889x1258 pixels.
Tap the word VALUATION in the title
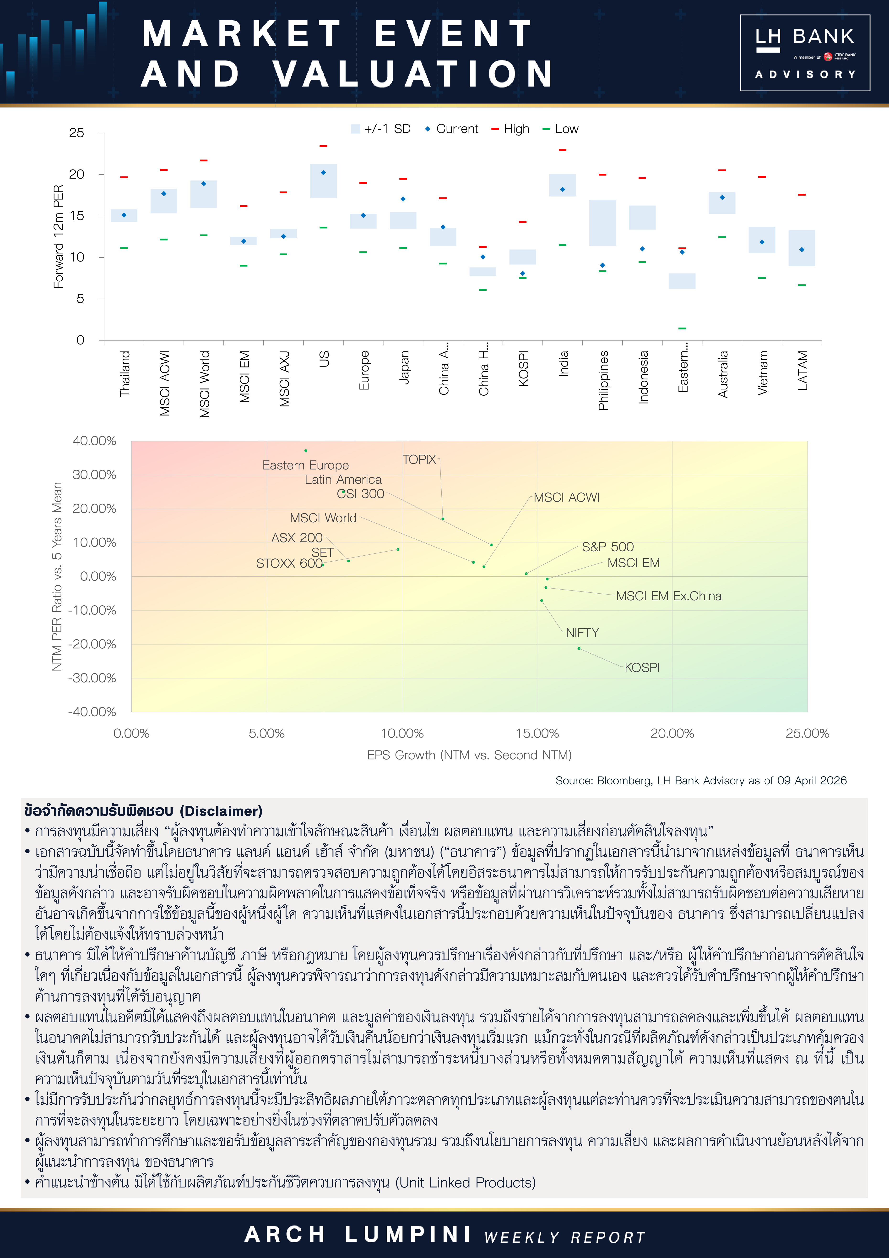pos(413,74)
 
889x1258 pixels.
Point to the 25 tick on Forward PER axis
pos(77,133)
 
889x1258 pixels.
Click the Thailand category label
pos(125,374)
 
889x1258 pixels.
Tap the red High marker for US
pos(323,146)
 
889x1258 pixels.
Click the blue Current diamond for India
pos(563,190)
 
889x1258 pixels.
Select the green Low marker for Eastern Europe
pos(682,328)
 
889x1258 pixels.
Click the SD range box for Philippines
pos(602,222)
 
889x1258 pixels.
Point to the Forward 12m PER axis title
pos(58,237)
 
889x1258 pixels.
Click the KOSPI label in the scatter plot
pos(642,667)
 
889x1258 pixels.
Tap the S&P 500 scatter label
pos(607,547)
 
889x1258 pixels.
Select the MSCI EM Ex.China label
pos(668,596)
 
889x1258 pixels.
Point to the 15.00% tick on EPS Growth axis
pos(537,733)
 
